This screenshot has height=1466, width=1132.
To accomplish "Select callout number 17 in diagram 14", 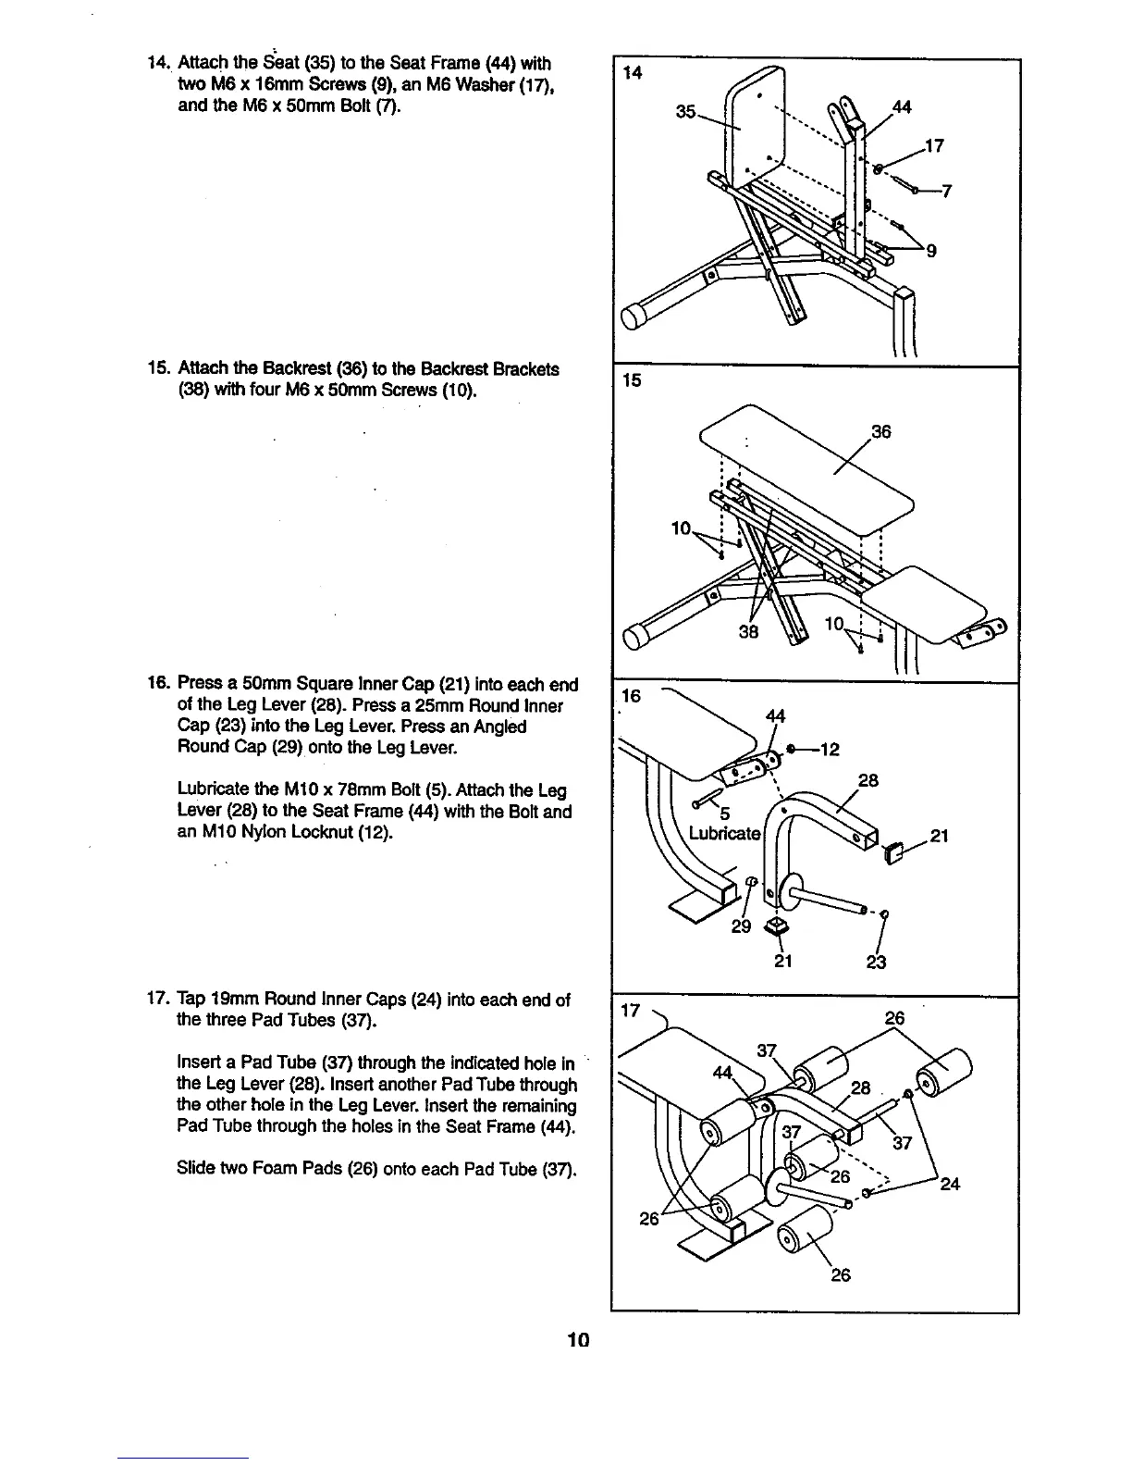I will (x=933, y=144).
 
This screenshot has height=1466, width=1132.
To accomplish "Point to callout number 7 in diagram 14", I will (x=945, y=192).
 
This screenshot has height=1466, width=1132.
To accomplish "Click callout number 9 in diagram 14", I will (x=931, y=250).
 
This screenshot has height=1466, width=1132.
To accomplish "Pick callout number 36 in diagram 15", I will (x=880, y=431).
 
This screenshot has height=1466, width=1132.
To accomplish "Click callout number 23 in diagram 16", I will (x=876, y=963).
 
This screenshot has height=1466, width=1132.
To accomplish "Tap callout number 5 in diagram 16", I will (x=725, y=814).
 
